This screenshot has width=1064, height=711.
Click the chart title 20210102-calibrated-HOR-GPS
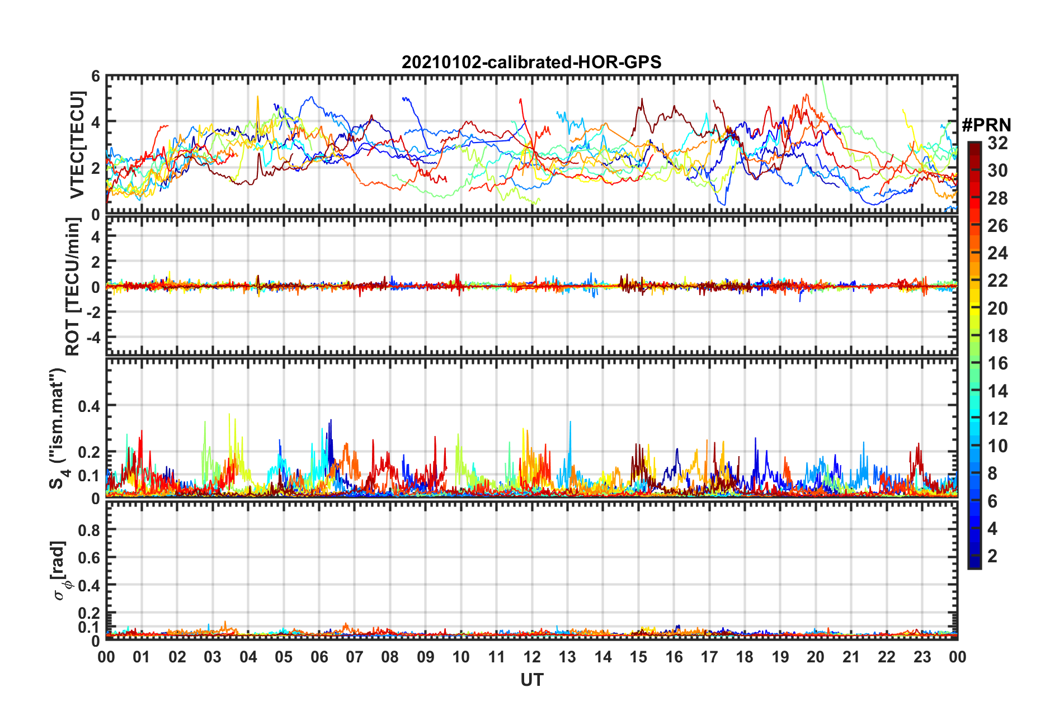(531, 62)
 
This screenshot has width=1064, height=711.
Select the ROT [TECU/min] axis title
(73, 287)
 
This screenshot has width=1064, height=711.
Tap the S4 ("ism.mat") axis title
(58, 429)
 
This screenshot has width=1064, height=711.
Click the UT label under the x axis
(531, 680)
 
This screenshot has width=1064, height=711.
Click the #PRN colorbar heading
(986, 125)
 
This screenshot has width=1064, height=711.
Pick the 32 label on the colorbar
(997, 143)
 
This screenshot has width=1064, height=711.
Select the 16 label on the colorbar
(997, 363)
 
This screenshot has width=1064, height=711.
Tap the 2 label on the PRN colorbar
(992, 556)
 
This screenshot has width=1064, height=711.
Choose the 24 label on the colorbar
(997, 253)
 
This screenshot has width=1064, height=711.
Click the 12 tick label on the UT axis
(532, 657)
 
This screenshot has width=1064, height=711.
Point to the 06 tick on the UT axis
(319, 657)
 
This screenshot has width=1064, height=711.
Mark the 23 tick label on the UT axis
(922, 657)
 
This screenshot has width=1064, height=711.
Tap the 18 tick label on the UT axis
(745, 657)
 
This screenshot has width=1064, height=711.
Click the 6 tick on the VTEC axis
(96, 77)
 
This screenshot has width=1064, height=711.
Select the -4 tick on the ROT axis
(92, 338)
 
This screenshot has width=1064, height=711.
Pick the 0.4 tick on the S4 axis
(90, 406)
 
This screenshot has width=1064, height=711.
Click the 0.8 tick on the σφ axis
(90, 530)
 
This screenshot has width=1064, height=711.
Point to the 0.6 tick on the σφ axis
(90, 557)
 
